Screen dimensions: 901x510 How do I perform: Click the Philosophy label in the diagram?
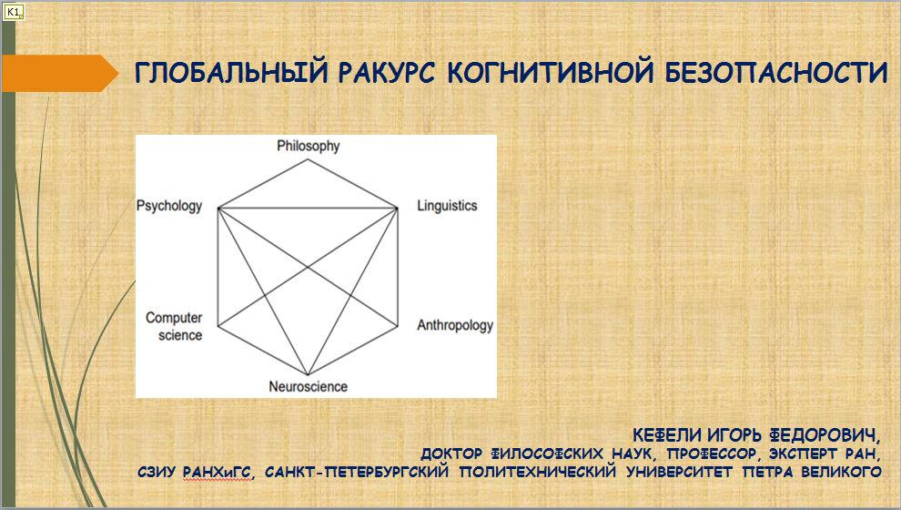click(308, 146)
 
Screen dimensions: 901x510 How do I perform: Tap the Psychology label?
click(169, 206)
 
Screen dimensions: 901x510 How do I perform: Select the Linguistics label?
click(447, 205)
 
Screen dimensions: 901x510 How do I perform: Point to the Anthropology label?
click(455, 325)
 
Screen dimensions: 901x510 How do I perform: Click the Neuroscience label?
click(308, 386)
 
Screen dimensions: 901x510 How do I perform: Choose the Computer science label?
click(174, 326)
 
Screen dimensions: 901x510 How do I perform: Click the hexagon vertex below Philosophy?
click(308, 159)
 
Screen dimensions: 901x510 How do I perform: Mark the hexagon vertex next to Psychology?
click(218, 209)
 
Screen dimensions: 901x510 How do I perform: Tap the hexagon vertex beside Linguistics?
click(397, 209)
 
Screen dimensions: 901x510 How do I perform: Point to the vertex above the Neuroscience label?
click(308, 375)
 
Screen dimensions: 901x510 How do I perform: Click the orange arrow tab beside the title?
click(60, 73)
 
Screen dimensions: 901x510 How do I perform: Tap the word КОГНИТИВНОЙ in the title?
click(550, 73)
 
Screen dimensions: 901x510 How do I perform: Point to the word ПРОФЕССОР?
click(710, 454)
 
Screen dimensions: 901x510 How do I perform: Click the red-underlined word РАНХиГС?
click(218, 473)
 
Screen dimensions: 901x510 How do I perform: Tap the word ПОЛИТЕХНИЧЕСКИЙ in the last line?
click(538, 472)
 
